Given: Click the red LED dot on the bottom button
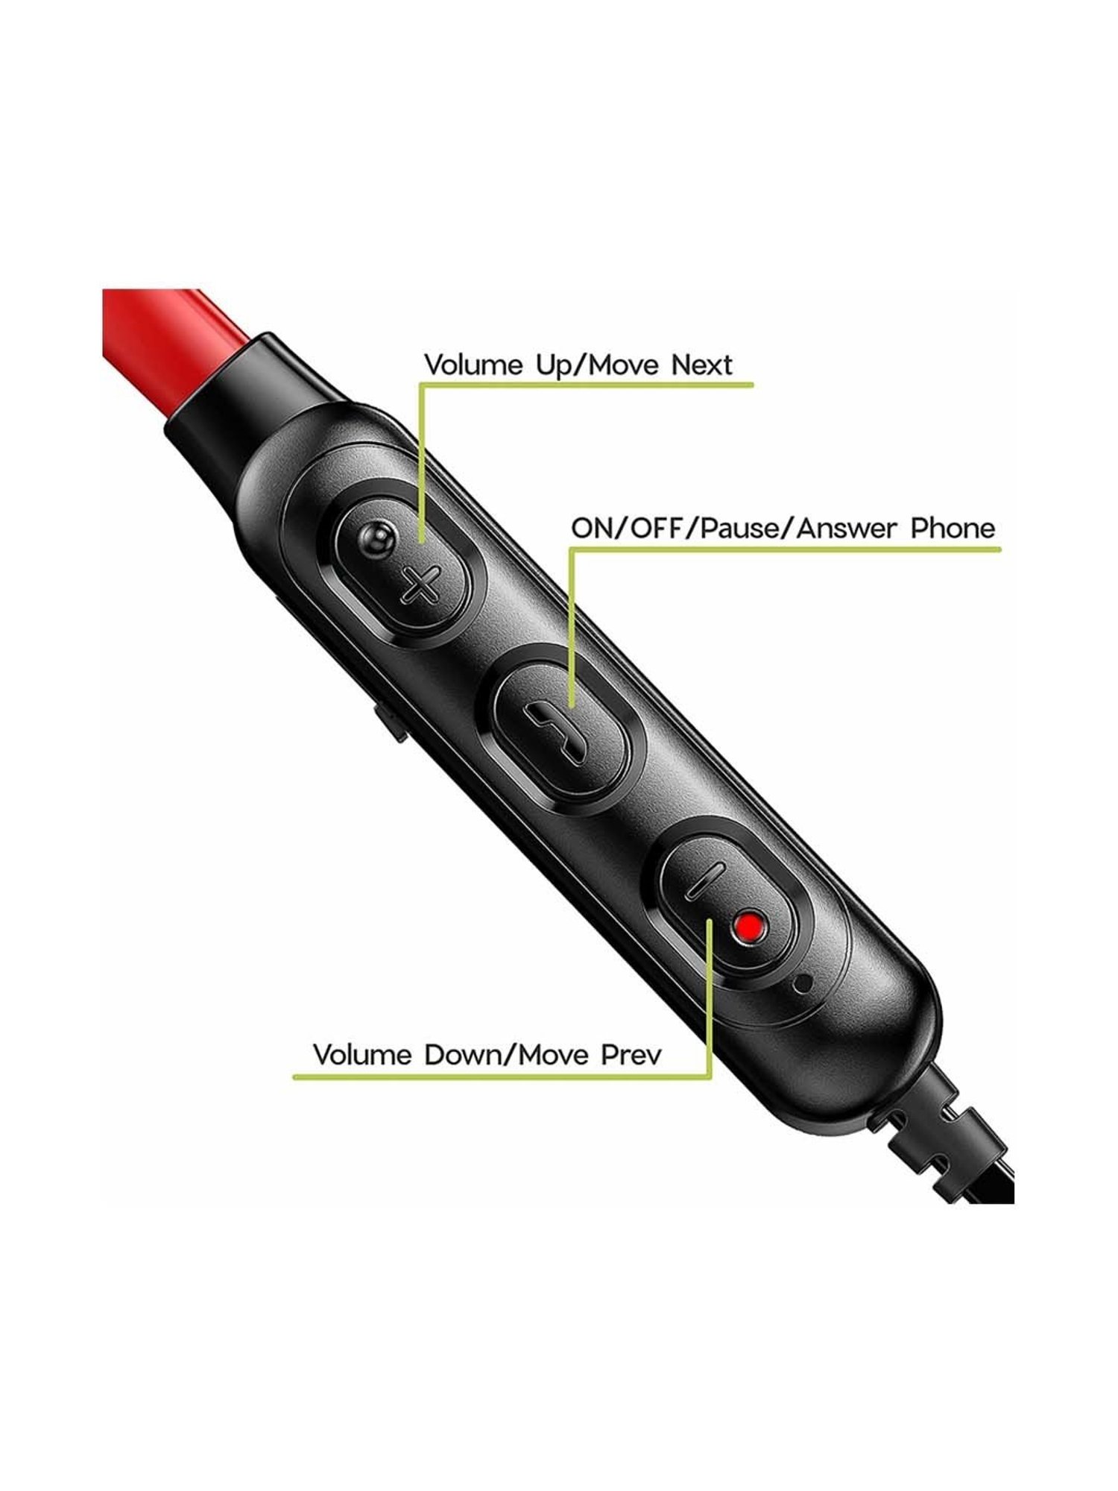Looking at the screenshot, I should (749, 927).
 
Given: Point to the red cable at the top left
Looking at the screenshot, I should (149, 328).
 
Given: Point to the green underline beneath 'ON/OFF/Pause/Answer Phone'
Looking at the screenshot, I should (783, 549).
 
